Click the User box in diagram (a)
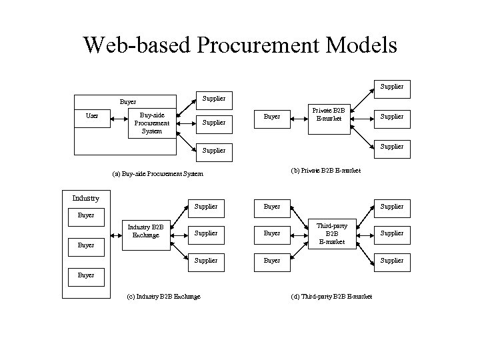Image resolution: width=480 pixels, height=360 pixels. (92, 116)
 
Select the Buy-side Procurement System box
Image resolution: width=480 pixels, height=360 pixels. (151, 123)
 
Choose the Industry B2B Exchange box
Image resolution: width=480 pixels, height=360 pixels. (145, 231)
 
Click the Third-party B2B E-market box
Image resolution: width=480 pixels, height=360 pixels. (331, 233)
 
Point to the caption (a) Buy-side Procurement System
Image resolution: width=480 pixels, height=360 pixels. (157, 175)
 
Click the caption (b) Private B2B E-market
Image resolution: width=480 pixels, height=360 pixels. (326, 171)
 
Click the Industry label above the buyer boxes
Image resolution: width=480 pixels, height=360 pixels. (85, 198)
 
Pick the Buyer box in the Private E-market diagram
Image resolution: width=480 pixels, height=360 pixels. (272, 116)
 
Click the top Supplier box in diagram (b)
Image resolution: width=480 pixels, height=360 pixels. (391, 86)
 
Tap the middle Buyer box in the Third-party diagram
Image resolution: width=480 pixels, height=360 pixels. (272, 233)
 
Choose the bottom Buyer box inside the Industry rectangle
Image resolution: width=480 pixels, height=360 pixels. (86, 275)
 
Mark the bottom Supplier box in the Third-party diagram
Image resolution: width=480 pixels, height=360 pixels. (391, 260)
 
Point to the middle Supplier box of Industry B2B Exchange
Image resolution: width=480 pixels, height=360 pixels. (205, 233)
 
